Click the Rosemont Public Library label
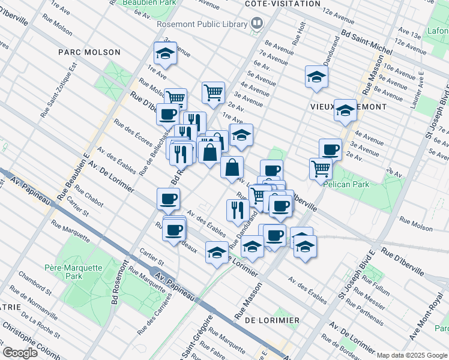coord(202,24)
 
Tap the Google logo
coord(20,353)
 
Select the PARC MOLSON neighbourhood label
coord(89,52)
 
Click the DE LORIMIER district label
coord(272,320)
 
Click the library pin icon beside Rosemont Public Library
coord(258,24)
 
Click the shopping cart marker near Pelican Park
coord(321,168)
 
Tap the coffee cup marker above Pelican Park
coord(330,149)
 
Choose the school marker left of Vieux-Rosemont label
coord(316,76)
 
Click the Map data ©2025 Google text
coord(412,355)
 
